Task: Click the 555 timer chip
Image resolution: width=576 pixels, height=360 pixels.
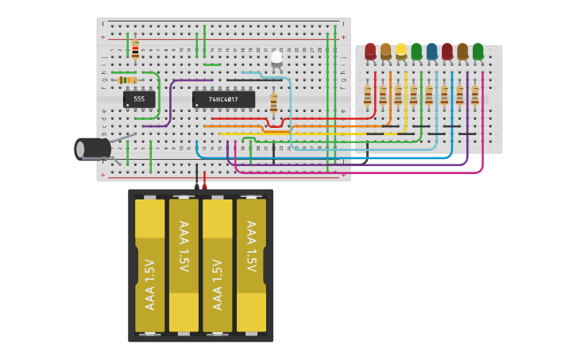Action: [139, 99]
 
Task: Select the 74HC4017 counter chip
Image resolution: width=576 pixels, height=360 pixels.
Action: [223, 99]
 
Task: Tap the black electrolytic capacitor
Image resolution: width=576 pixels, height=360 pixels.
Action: [94, 149]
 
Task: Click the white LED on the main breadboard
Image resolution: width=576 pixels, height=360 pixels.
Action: [276, 58]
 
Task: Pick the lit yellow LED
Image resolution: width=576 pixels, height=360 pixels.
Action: [401, 52]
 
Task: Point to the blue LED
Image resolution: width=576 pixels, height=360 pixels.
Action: [431, 52]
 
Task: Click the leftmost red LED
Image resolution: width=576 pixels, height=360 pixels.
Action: [370, 52]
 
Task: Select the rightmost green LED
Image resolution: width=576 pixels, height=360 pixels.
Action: [477, 52]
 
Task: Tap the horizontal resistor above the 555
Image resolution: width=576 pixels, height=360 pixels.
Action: [127, 79]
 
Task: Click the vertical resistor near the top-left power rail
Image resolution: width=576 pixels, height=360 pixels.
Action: [135, 49]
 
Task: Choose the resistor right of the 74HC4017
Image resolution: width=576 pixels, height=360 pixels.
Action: [273, 103]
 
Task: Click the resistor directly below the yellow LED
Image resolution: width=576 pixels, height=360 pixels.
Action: [398, 95]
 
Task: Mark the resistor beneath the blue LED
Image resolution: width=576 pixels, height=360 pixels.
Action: [429, 95]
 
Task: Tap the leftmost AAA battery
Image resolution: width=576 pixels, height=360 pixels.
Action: [149, 265]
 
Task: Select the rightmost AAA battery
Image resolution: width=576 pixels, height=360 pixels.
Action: [251, 265]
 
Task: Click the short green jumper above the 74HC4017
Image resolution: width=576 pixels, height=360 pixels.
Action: [212, 64]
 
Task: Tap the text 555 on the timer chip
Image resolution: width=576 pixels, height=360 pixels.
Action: [139, 99]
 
